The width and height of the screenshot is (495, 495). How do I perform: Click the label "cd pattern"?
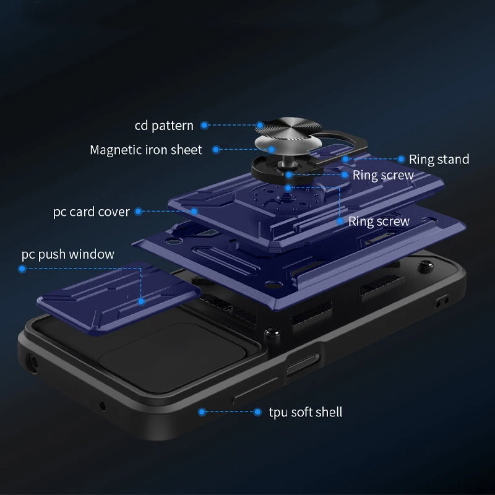tap(164, 126)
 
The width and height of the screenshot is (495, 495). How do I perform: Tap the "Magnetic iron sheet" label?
tap(146, 150)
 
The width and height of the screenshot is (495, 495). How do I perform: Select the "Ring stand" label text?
tap(439, 160)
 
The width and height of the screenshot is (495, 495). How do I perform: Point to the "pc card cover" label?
tap(91, 212)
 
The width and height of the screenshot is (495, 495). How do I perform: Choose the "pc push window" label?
tap(68, 254)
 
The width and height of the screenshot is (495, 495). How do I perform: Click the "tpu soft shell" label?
tap(306, 411)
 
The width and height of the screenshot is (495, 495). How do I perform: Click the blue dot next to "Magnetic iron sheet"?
tap(216, 150)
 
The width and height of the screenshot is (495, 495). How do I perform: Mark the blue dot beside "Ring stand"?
tap(401, 160)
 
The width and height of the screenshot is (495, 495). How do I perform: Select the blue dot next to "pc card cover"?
tap(138, 212)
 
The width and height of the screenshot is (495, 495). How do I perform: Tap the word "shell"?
tap(328, 411)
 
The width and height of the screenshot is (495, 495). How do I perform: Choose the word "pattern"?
tap(173, 126)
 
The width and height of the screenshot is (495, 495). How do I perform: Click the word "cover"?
tap(114, 212)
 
